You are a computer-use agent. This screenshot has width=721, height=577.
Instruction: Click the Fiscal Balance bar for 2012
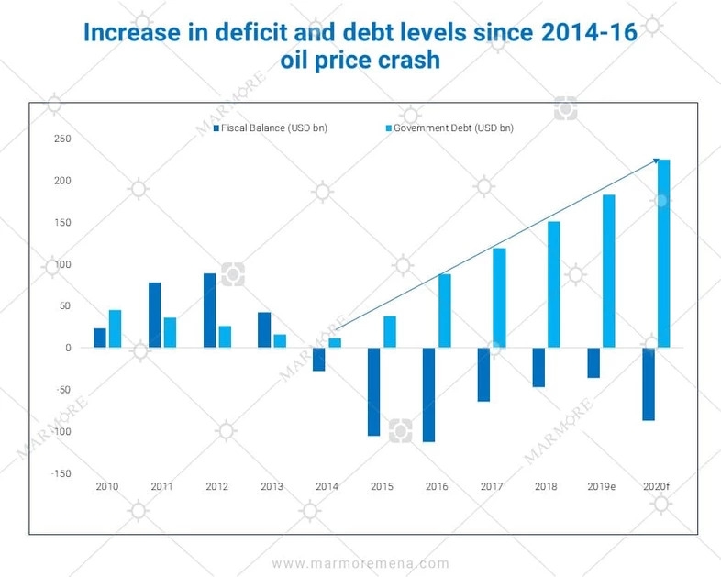pyautogui.click(x=209, y=310)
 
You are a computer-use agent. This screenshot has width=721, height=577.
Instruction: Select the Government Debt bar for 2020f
pyautogui.click(x=663, y=253)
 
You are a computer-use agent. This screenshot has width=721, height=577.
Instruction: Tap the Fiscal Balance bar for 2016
pyautogui.click(x=428, y=394)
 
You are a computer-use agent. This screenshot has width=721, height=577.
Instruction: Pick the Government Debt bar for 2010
pyautogui.click(x=115, y=328)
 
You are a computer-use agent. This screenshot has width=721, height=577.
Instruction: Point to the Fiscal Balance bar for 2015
pyautogui.click(x=373, y=391)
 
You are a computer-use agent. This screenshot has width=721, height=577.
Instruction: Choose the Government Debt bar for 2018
pyautogui.click(x=553, y=284)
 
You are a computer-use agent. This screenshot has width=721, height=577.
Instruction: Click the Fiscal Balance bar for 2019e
pyautogui.click(x=593, y=362)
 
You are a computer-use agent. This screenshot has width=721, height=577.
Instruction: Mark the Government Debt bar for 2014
pyautogui.click(x=335, y=343)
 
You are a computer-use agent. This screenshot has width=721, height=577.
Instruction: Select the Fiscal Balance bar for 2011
pyautogui.click(x=155, y=315)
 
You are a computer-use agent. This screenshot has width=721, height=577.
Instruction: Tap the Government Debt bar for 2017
pyautogui.click(x=499, y=297)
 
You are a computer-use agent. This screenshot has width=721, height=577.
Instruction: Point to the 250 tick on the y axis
pyautogui.click(x=63, y=139)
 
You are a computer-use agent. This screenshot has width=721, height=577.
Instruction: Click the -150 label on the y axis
pyautogui.click(x=61, y=473)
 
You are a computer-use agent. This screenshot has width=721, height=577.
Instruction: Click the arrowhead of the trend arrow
pyautogui.click(x=656, y=161)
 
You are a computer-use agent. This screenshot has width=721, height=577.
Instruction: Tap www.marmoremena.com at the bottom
pyautogui.click(x=360, y=563)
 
